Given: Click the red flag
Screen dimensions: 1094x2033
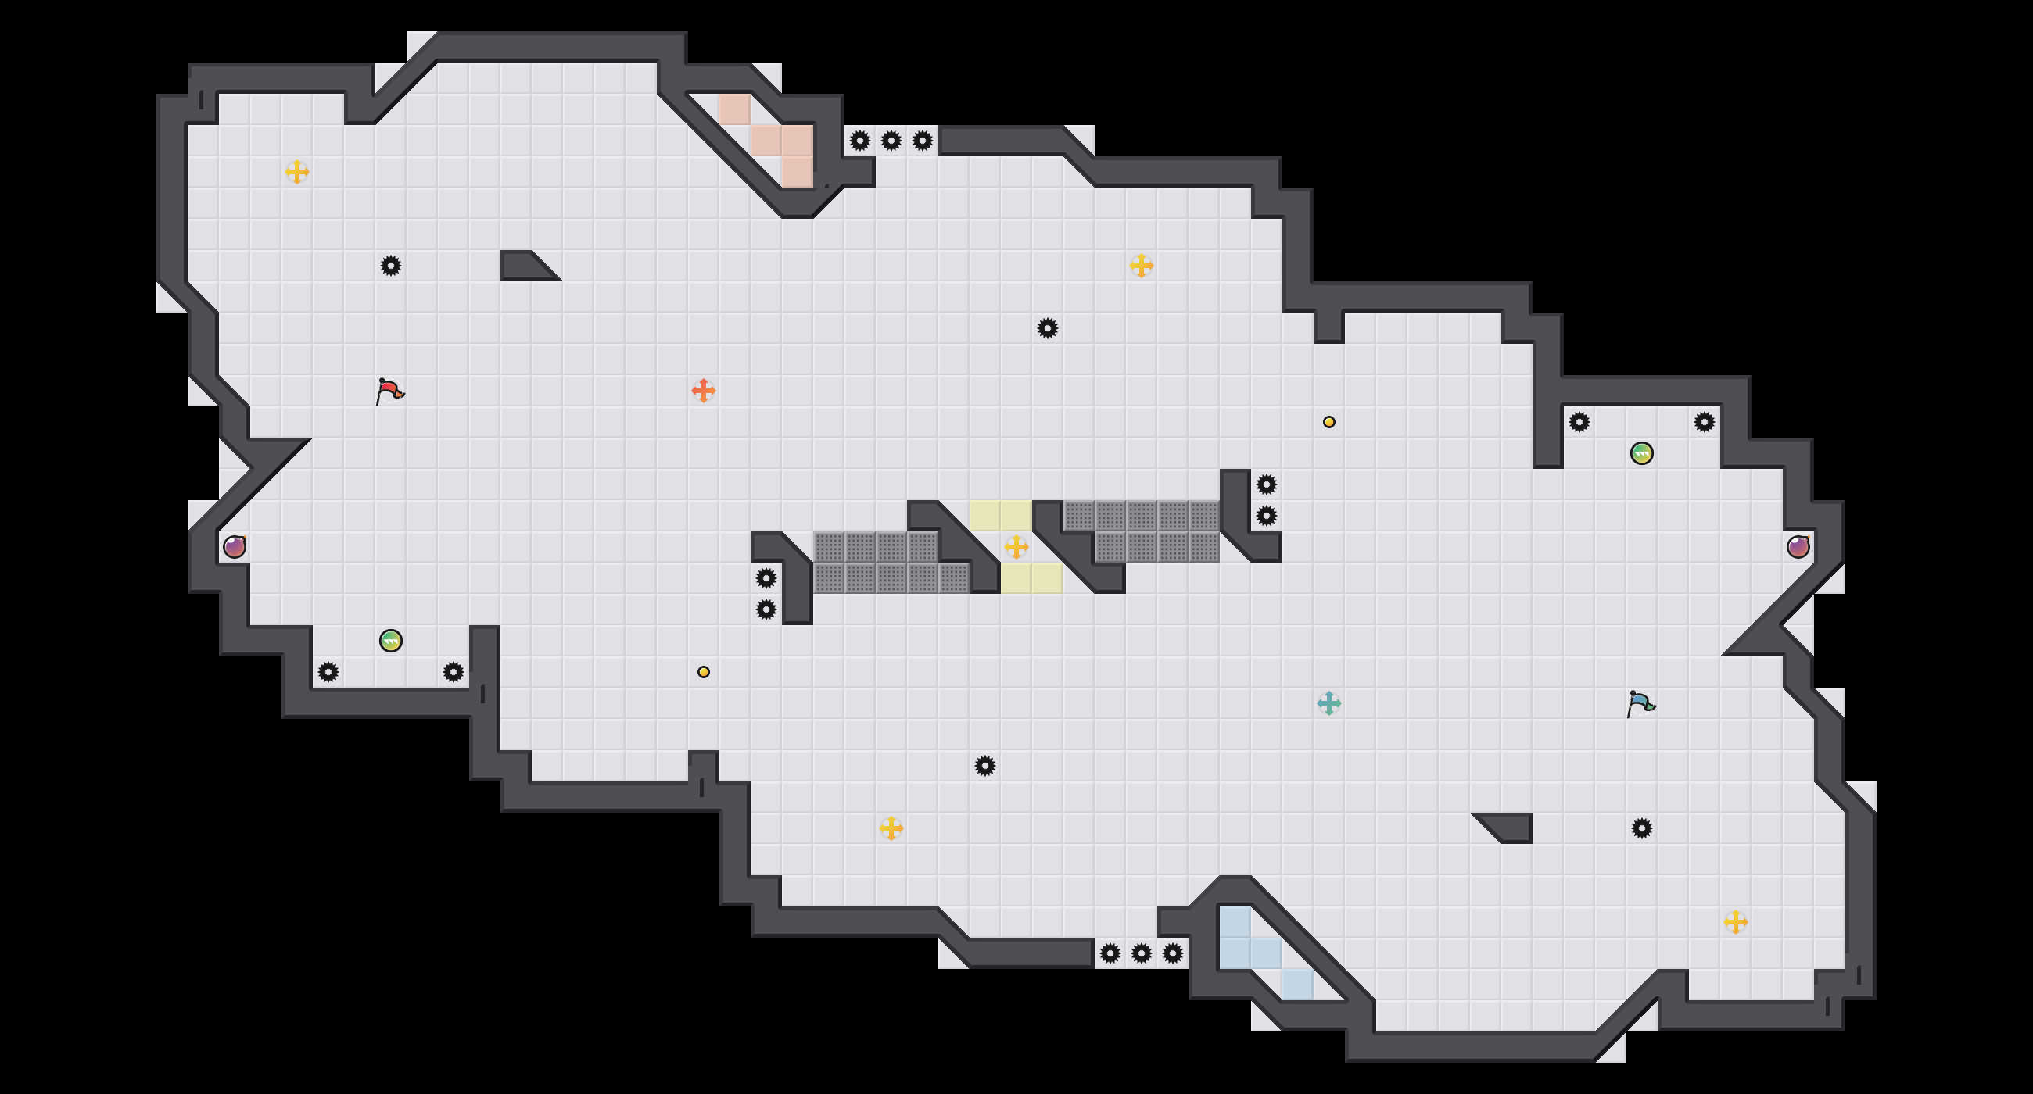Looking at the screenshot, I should [x=389, y=391].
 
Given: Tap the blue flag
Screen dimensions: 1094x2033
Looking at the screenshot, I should [x=1640, y=703].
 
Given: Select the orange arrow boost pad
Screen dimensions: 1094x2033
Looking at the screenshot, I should [x=703, y=391].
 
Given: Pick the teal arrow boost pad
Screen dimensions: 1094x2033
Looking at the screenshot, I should [x=1329, y=703].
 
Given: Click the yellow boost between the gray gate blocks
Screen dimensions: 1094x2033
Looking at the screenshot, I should [x=1016, y=546].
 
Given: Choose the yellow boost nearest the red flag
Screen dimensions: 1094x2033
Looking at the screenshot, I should [x=297, y=172].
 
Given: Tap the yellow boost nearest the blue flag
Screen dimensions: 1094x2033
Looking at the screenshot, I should [x=1735, y=921].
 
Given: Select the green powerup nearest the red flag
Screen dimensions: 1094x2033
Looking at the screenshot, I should [x=391, y=641].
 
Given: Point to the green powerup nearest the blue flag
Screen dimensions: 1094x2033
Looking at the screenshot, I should [x=1641, y=452].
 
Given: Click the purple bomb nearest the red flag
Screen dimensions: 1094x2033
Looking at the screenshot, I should [x=235, y=546].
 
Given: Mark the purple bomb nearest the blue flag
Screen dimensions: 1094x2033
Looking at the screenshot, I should [x=1798, y=546].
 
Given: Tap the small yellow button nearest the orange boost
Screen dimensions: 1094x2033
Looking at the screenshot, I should [x=703, y=672].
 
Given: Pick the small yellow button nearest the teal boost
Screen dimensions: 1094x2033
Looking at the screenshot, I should [x=1329, y=422].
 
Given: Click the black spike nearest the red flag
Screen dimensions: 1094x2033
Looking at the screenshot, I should [x=391, y=266].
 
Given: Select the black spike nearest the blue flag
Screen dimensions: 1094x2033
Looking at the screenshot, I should [x=1641, y=828].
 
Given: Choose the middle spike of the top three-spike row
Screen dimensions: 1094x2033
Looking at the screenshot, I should [x=891, y=141].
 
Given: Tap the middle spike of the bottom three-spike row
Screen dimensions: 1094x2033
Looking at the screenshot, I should [x=1141, y=953].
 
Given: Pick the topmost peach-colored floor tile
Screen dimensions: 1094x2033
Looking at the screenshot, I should [x=734, y=109].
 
